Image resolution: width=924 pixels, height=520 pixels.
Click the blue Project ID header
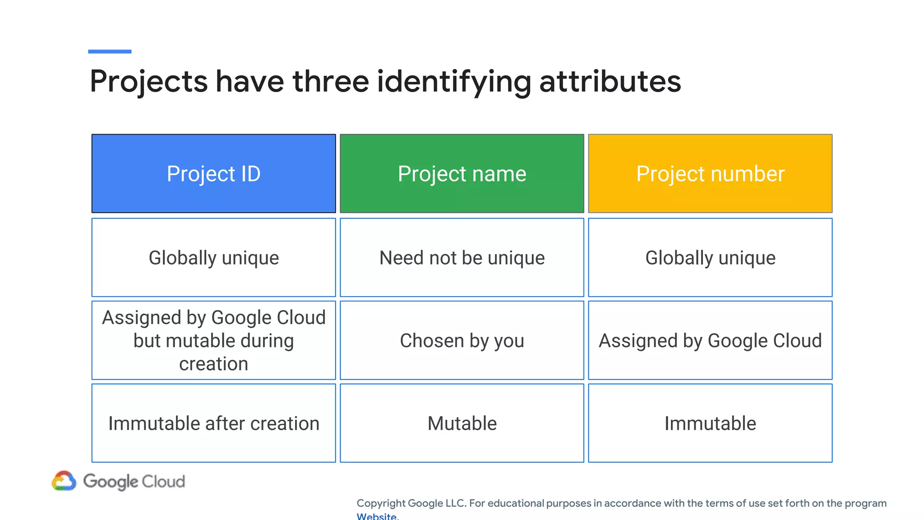point(213,174)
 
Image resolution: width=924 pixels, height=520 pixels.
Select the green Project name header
point(462,174)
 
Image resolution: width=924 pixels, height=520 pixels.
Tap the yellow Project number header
point(710,174)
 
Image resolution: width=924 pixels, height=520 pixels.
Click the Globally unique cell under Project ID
point(213,258)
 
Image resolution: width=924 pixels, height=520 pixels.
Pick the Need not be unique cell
point(462,258)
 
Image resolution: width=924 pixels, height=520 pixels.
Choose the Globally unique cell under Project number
point(710,258)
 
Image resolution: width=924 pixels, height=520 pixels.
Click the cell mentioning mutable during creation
point(213,340)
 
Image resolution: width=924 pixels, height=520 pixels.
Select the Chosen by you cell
point(462,340)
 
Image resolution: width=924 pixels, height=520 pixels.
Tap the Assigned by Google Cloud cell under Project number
point(710,340)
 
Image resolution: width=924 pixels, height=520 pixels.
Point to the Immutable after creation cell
point(213,423)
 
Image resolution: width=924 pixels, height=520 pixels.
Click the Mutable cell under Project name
point(462,423)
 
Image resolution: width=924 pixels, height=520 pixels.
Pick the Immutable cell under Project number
point(710,423)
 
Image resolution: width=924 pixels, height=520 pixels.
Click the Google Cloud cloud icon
point(64,481)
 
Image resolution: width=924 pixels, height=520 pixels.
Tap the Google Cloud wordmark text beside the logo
point(134,482)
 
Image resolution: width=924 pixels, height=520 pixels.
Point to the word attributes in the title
point(610,82)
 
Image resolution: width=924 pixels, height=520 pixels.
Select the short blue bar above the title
point(110,51)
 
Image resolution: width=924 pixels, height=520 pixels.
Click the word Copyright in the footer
point(381,503)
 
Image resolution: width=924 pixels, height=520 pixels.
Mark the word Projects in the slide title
point(148,82)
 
